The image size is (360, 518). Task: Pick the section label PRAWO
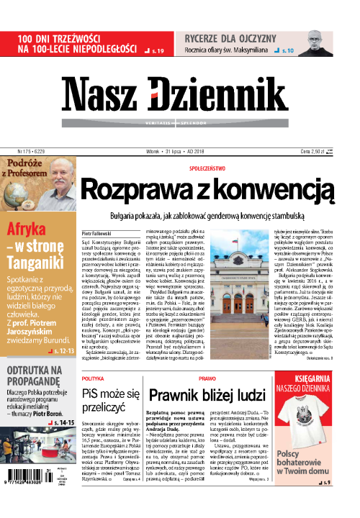point(207,377)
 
